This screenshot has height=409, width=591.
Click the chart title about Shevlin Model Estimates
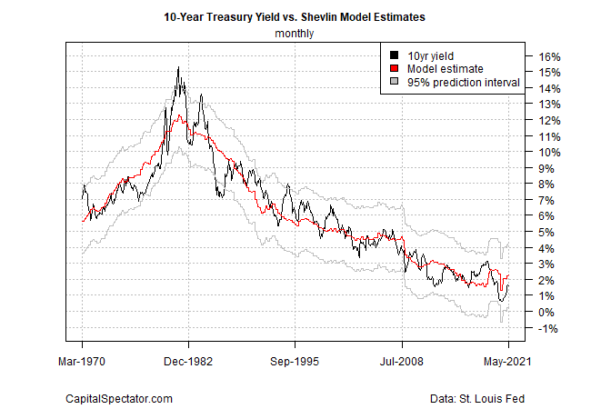click(295, 16)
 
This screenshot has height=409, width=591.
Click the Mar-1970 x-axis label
click(83, 361)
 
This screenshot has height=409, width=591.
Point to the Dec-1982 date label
click(188, 361)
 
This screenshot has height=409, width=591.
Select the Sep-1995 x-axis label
click(295, 361)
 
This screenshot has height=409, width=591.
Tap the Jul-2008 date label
click(401, 361)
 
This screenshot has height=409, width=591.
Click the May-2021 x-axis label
click(507, 361)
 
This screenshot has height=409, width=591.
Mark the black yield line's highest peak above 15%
click(178, 68)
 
